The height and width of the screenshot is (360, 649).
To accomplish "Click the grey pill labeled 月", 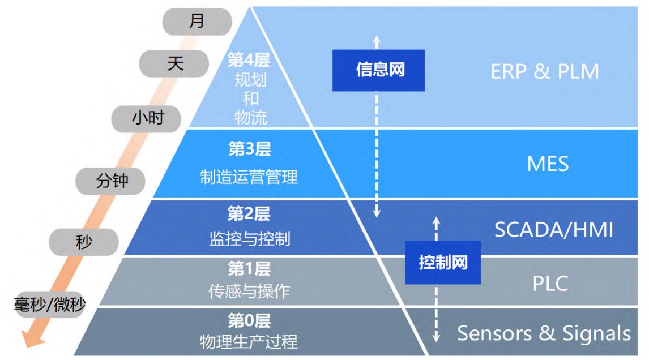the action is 197,22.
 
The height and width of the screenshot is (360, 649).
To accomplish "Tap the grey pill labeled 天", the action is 174,64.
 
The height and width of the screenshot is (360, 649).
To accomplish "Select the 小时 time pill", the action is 146,119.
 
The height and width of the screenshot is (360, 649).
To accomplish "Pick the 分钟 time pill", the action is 110,181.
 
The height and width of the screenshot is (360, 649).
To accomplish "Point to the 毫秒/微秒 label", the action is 50,305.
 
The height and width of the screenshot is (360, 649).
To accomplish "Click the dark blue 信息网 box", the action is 378,70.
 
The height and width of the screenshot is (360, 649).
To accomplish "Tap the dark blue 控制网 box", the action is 443,263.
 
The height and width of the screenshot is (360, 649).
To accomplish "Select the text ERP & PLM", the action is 545,71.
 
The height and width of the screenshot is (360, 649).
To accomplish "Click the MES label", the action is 548,164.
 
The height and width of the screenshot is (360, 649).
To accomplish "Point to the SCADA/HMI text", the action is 554,230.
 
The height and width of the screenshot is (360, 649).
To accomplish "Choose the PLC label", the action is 550,284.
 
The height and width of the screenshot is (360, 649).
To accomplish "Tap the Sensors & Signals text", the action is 544,333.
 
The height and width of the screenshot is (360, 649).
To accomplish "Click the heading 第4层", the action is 249,60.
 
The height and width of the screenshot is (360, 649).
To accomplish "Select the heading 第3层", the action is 250,149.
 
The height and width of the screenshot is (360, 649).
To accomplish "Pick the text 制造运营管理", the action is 249,177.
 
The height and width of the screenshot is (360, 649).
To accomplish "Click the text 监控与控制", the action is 250,239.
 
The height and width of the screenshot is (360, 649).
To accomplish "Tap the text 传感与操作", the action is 249,292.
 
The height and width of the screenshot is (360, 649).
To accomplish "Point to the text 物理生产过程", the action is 249,342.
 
